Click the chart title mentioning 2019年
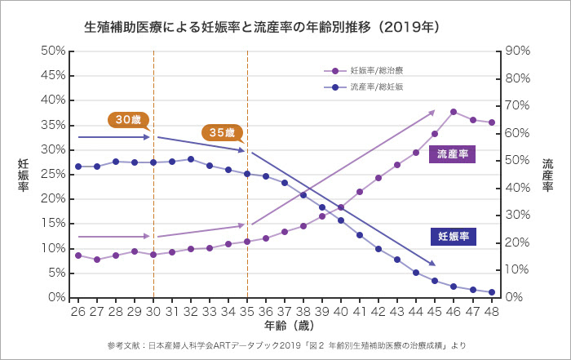(263, 26)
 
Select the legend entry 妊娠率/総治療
(376, 71)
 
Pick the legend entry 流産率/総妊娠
(376, 86)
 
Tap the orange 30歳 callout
(127, 119)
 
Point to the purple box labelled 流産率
(452, 153)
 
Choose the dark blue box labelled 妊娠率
(452, 237)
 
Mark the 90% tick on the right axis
(518, 51)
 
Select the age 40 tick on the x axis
(341, 311)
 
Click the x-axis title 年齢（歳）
(285, 325)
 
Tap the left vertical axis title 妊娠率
(24, 175)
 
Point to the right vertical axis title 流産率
(547, 175)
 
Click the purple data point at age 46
(454, 112)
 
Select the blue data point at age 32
(191, 159)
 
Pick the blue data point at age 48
(492, 292)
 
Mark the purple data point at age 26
(78, 256)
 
